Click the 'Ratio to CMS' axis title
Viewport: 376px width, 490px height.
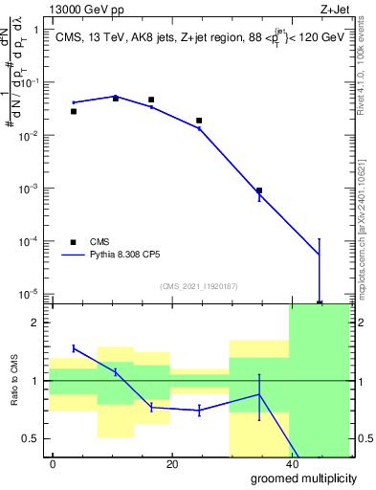(14, 381)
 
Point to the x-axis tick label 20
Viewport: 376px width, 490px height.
(172, 464)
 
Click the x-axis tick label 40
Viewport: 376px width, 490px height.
(291, 464)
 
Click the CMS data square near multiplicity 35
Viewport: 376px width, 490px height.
(259, 190)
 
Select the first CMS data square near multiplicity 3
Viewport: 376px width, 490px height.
(74, 111)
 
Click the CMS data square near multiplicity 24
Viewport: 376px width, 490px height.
(199, 121)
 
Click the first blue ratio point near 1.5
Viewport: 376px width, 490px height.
(74, 348)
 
